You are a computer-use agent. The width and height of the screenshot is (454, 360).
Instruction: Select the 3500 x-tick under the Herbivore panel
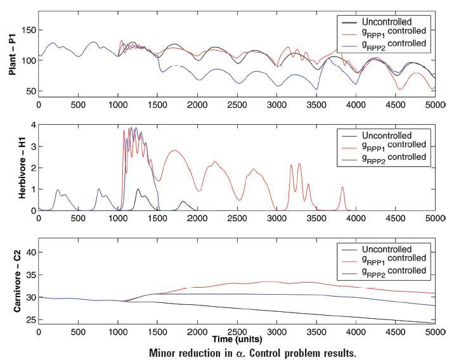[316, 219]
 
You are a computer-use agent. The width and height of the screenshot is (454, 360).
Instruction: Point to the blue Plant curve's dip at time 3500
[316, 89]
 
